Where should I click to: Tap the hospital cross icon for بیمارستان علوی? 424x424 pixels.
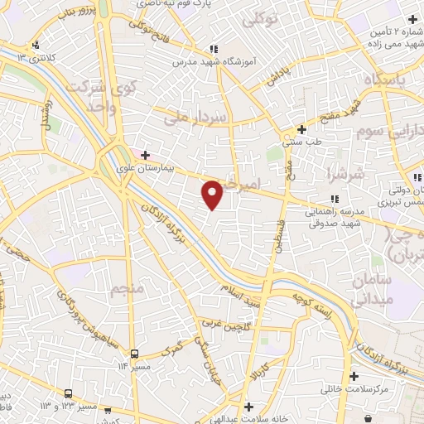[145, 154]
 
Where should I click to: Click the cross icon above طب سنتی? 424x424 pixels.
[301, 130]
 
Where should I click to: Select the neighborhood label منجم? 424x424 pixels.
[128, 289]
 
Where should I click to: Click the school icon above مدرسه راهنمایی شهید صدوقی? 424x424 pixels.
[334, 199]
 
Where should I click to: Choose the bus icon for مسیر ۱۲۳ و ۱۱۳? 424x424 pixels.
[70, 393]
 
